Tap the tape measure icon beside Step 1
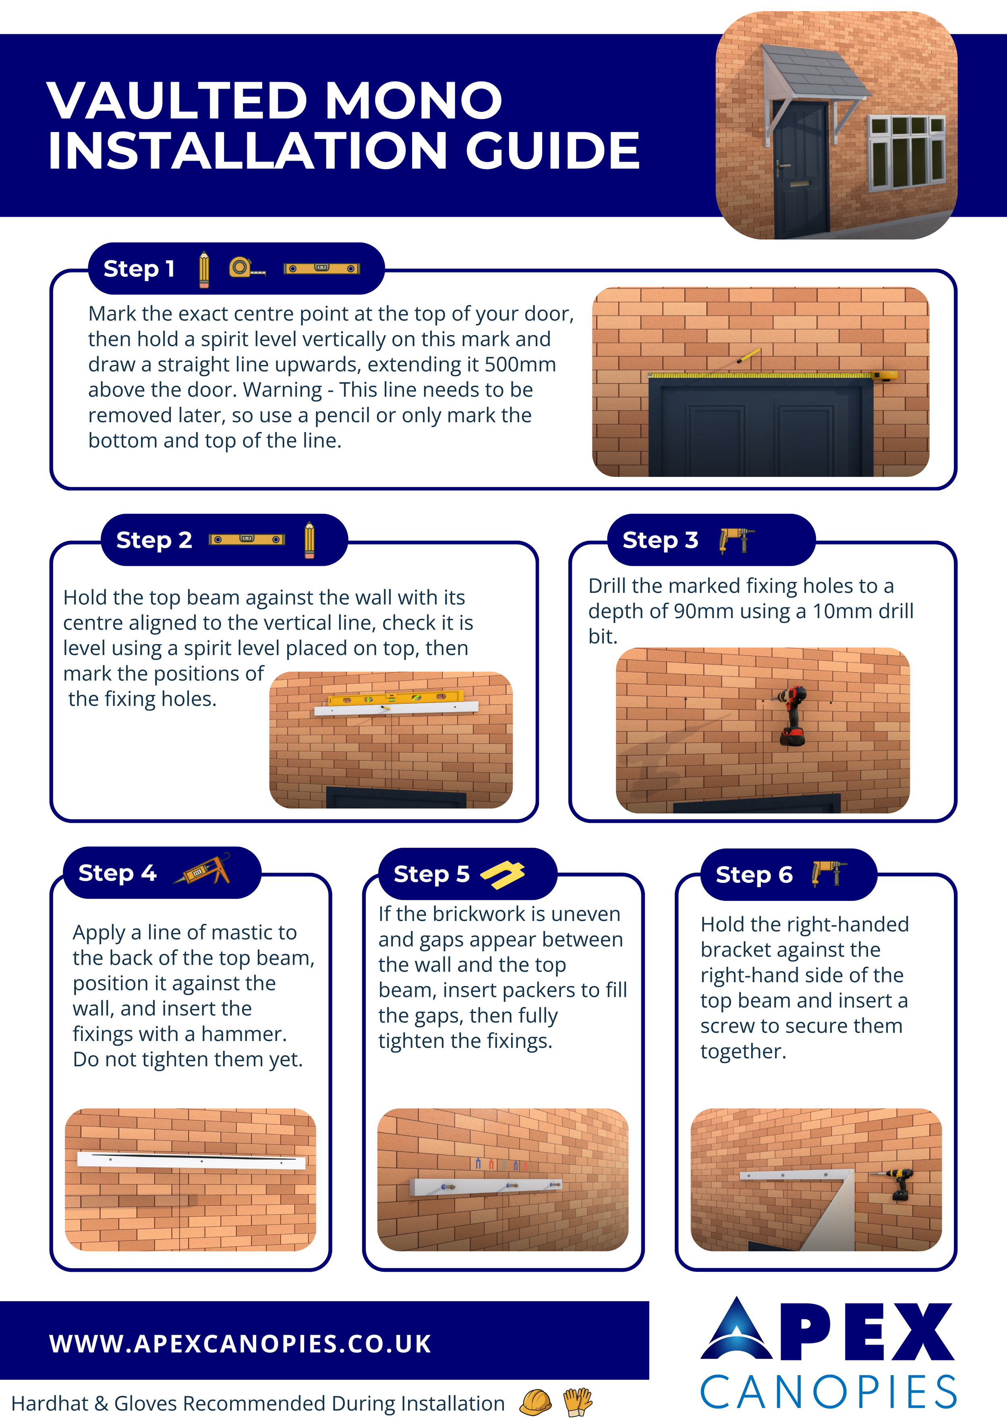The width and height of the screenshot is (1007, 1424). pyautogui.click(x=247, y=267)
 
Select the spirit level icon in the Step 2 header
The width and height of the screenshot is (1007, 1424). pyautogui.click(x=247, y=540)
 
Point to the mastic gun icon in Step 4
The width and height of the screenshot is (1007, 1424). pyautogui.click(x=202, y=869)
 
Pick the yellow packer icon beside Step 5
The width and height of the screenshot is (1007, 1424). pyautogui.click(x=503, y=874)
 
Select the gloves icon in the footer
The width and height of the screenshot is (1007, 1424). pyautogui.click(x=578, y=1402)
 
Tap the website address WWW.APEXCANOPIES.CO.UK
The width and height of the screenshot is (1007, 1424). pyautogui.click(x=240, y=1344)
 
